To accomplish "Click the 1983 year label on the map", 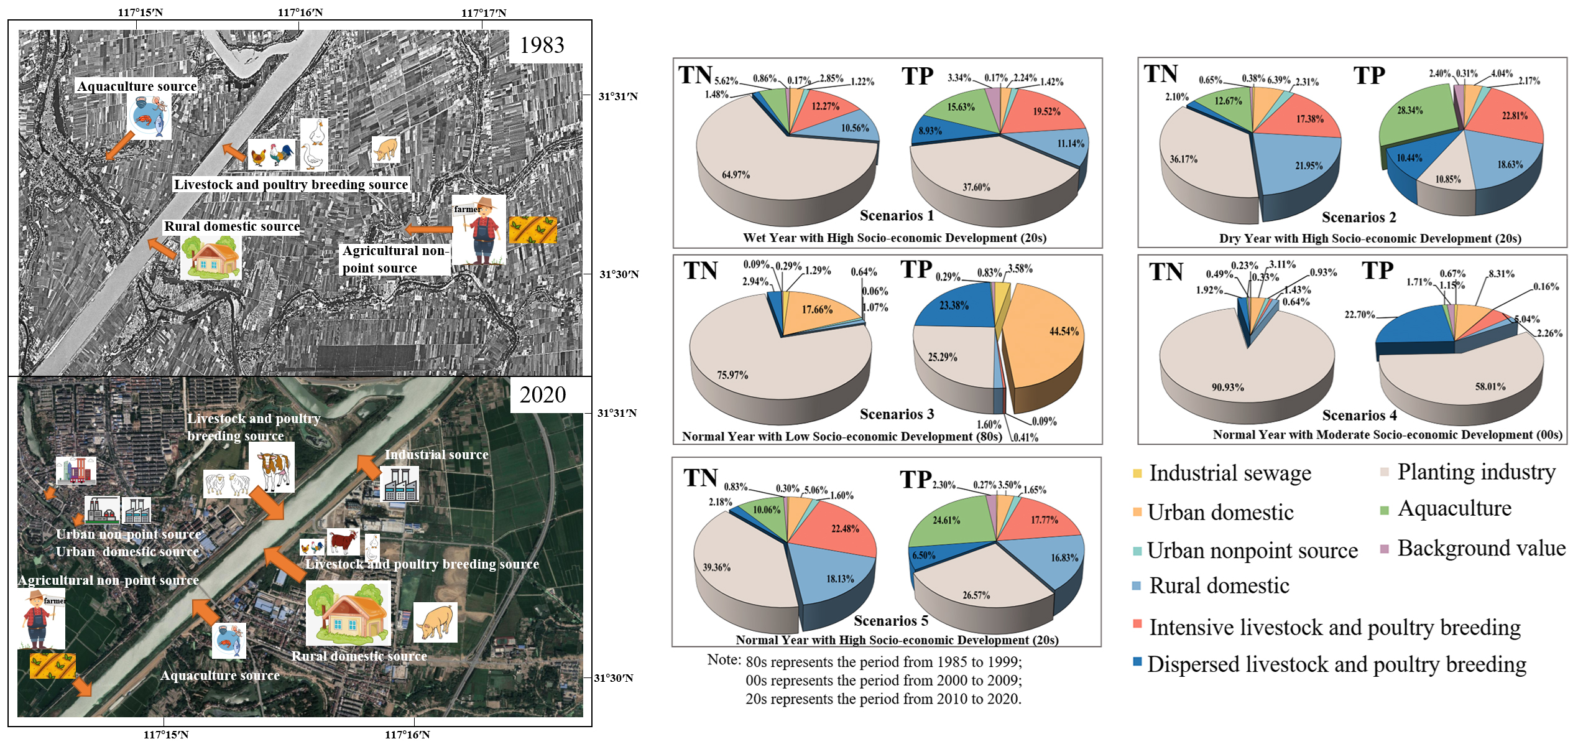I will tap(542, 45).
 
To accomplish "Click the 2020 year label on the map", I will tap(542, 395).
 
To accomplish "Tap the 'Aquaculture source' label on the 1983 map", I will tap(137, 86).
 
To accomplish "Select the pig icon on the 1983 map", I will tap(385, 150).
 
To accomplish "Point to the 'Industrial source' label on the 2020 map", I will tap(436, 455).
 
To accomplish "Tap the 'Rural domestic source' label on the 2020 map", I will tap(359, 656).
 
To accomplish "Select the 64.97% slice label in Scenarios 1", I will tap(736, 175).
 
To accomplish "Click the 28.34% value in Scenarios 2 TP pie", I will tap(1423, 110).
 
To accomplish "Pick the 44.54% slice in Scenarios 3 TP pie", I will tap(1064, 332).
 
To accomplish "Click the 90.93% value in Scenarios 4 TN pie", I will tap(1227, 387).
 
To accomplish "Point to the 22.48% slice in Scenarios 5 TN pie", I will tap(845, 529).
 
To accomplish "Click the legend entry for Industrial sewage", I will tap(1229, 473).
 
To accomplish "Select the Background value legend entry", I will tap(1480, 548).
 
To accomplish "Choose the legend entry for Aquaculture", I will tap(1454, 509).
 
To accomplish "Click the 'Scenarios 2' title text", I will tap(1359, 218).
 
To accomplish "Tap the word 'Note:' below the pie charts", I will tap(724, 660).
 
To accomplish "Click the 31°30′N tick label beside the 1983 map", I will tap(619, 274).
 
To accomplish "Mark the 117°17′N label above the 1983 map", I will tap(484, 12).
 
